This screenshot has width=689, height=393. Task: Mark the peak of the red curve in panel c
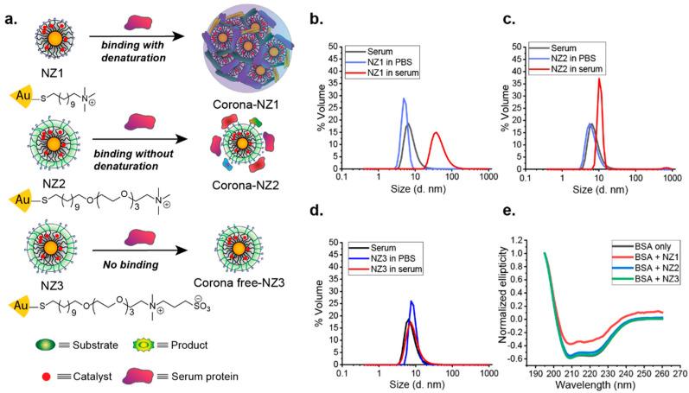point(599,79)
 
